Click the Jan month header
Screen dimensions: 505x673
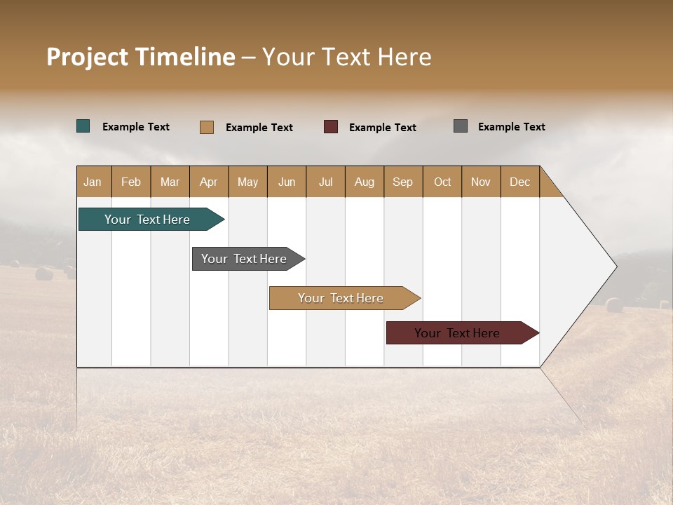(93, 182)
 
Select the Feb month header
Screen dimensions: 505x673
(131, 182)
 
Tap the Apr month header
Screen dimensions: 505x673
(209, 182)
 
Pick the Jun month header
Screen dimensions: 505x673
(287, 182)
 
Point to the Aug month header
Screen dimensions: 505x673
(365, 182)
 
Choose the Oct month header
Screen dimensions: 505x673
(442, 182)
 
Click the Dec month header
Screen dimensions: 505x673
(520, 182)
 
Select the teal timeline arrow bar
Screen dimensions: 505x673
(147, 220)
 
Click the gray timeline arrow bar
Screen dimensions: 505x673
(244, 259)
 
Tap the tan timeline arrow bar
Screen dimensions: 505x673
(341, 298)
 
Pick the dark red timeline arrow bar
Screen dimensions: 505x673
(457, 333)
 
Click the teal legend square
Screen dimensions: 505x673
(83, 126)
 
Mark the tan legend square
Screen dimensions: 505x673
(207, 127)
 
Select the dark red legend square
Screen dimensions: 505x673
(331, 127)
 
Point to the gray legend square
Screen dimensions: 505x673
(461, 126)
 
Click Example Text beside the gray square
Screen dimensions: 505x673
(511, 127)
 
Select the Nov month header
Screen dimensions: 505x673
(481, 182)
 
